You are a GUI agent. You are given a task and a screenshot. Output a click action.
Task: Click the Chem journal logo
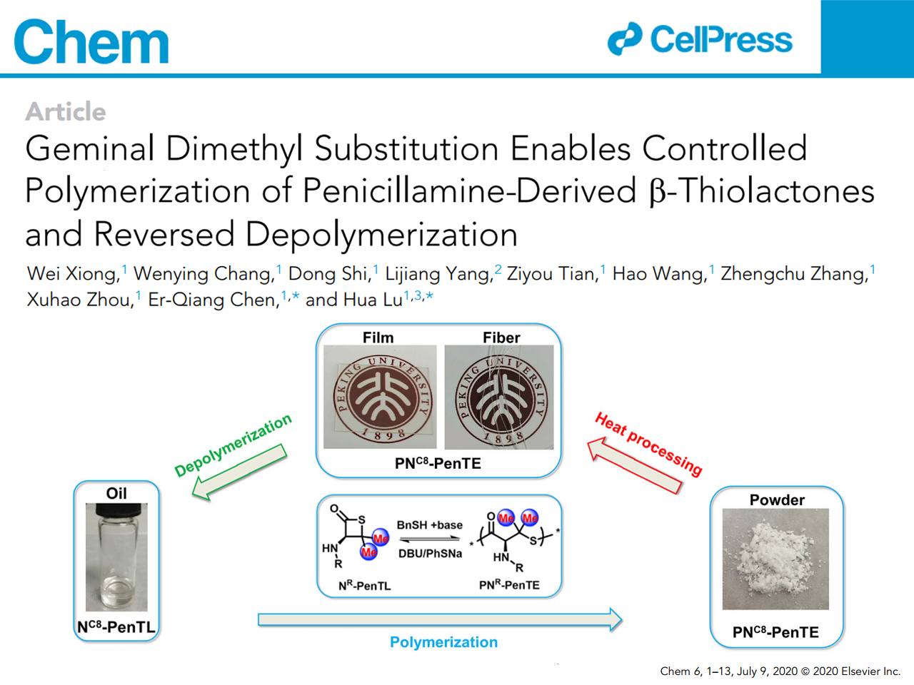coord(91,41)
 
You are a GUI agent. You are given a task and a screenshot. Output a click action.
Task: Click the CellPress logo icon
coord(625,39)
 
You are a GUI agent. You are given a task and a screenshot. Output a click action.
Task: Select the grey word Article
coord(66,111)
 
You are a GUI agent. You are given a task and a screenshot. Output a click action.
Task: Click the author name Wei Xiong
coord(74,274)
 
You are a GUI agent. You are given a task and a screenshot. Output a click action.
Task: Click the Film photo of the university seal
coord(380,397)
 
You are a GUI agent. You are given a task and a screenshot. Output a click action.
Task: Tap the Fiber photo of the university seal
coord(499,397)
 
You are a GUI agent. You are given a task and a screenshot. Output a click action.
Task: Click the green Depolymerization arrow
coord(239,471)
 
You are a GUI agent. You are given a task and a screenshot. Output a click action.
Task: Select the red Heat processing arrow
coord(634,465)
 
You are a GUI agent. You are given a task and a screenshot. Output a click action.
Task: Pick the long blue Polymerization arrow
coord(440,619)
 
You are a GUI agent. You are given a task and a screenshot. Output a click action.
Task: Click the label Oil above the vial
coord(116,493)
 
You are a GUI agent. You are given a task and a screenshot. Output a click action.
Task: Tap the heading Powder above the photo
coord(777,500)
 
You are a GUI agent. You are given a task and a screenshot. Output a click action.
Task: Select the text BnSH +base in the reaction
coord(430,525)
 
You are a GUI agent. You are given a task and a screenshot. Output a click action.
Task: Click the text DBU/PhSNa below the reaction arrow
coord(430,554)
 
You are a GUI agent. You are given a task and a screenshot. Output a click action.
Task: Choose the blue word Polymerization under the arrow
coord(443,642)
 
